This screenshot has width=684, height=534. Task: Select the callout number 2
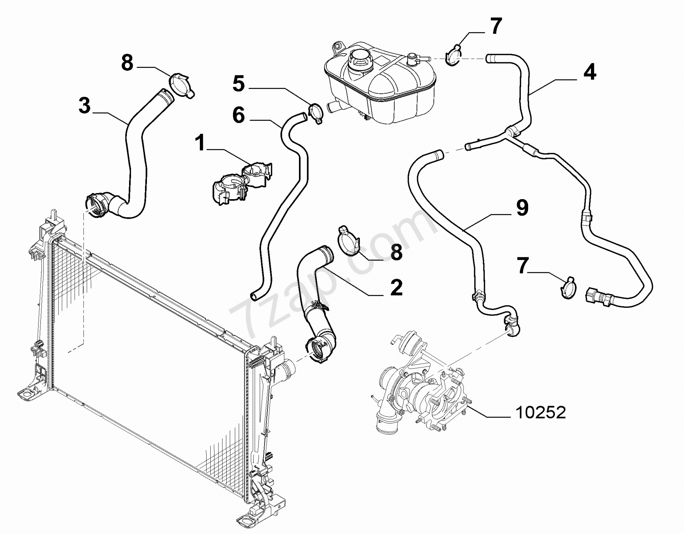pyautogui.click(x=396, y=288)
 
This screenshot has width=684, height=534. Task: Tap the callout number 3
pyautogui.click(x=85, y=105)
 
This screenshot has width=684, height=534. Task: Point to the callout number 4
pyautogui.click(x=589, y=72)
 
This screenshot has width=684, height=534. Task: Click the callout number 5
pyautogui.click(x=239, y=84)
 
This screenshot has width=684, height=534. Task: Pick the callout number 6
pyautogui.click(x=239, y=115)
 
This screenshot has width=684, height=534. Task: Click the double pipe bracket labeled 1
pyautogui.click(x=241, y=183)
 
